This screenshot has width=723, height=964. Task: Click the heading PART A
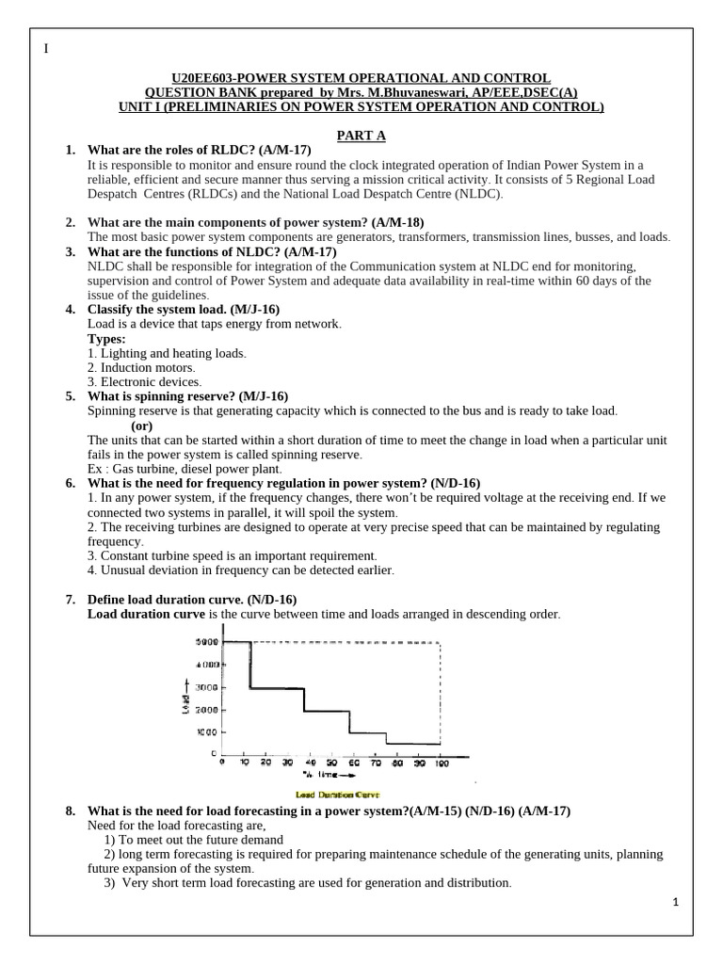pos(361,136)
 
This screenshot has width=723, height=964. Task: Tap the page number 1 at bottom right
pos(676,901)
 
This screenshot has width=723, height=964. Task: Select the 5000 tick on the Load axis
pos(206,642)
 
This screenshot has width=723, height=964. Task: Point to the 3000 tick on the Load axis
pos(206,687)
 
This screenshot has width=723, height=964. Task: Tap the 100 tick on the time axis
pos(439,763)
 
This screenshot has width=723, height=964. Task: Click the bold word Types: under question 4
pos(106,338)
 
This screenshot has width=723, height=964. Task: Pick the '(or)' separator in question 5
pos(142,426)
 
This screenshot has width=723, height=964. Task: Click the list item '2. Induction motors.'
pos(141,367)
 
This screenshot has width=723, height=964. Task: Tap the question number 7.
pos(70,600)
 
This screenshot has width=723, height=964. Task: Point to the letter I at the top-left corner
pos(45,49)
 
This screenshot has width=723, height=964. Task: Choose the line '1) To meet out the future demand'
pos(193,840)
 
